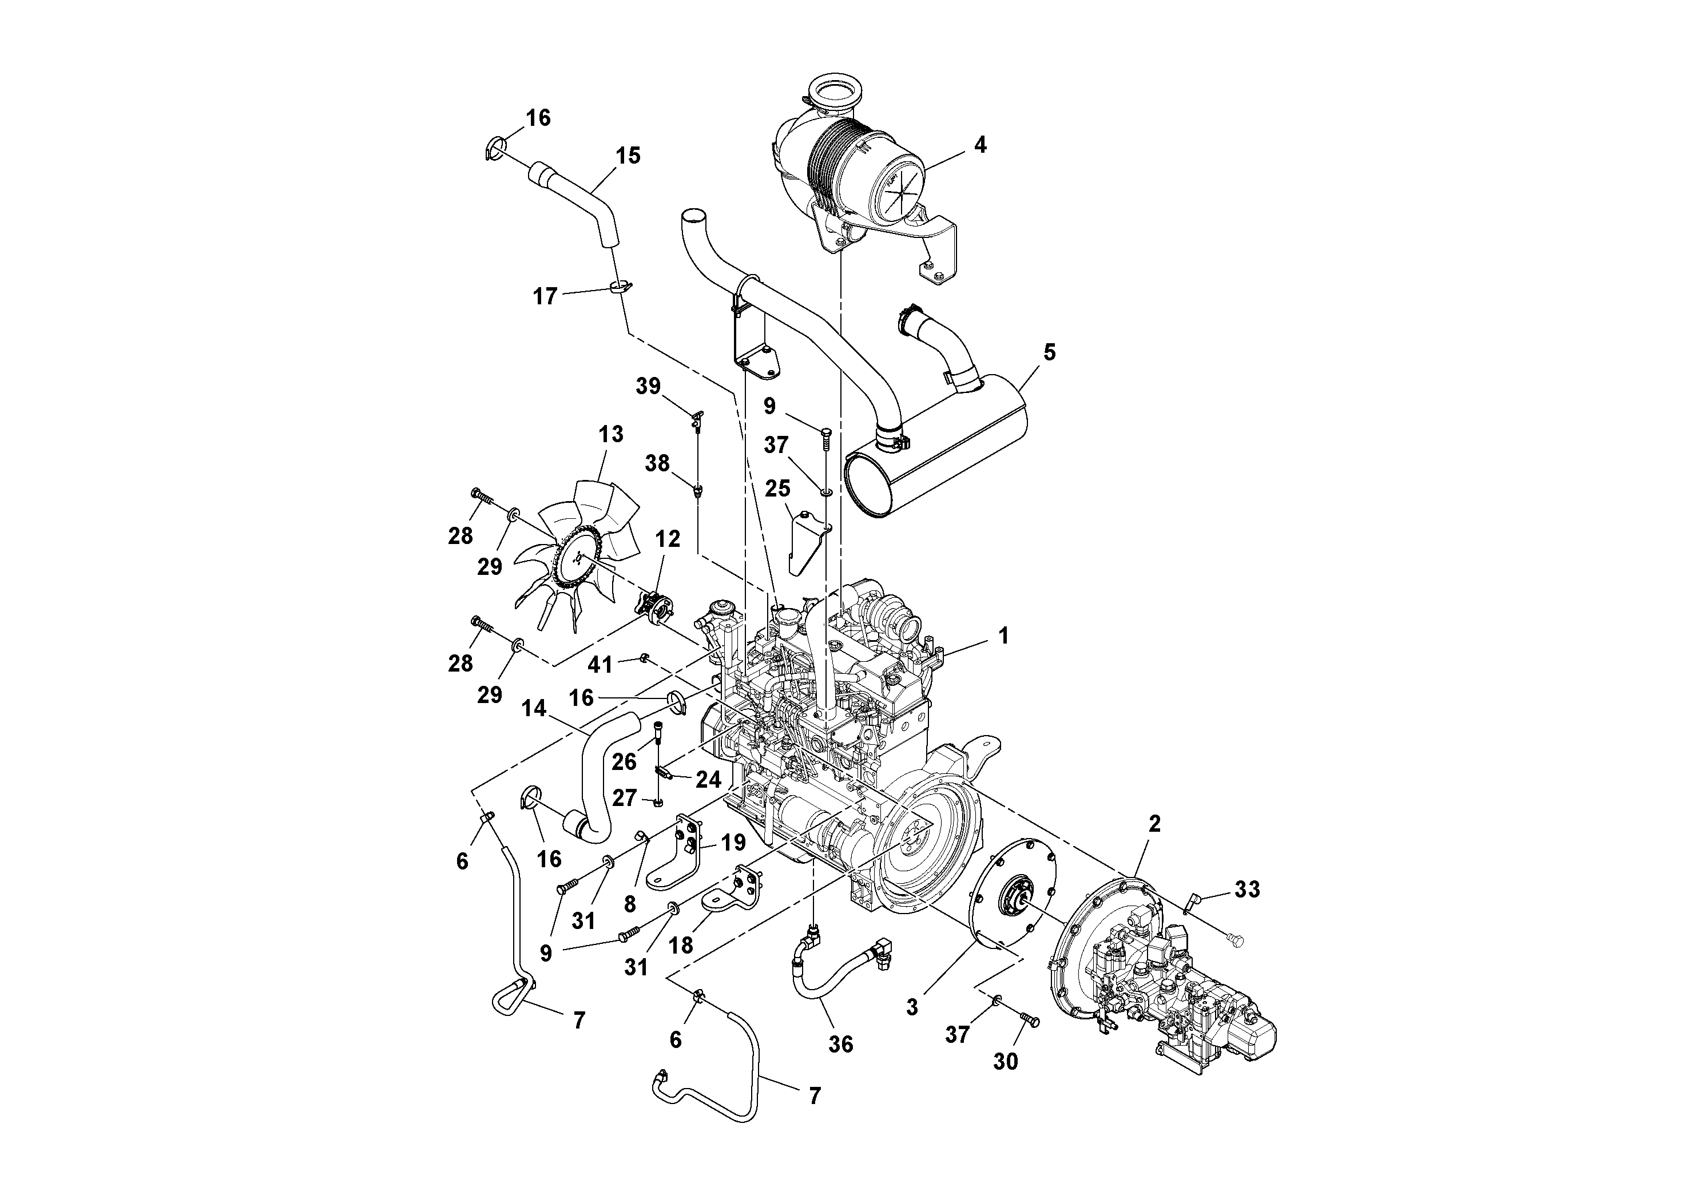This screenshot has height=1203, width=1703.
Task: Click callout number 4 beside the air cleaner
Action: point(980,145)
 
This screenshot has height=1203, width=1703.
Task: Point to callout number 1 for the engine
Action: point(1003,636)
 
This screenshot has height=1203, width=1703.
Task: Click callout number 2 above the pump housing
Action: point(1154,823)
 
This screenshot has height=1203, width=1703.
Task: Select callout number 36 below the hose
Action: point(840,1045)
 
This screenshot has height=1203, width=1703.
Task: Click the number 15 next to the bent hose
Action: point(628,156)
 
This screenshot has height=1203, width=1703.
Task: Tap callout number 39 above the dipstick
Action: point(648,387)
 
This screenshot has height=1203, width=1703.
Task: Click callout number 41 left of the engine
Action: point(600,665)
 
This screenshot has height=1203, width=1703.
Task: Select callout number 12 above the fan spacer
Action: point(668,539)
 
